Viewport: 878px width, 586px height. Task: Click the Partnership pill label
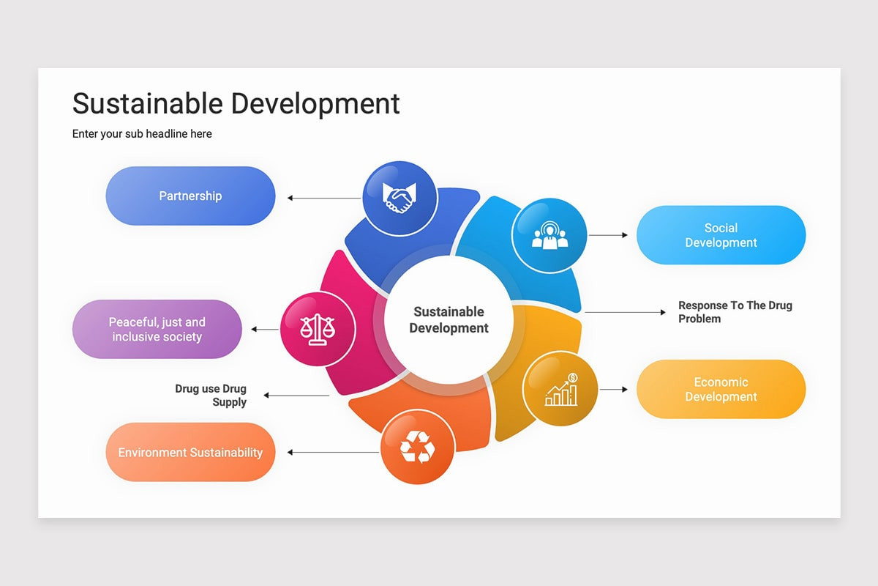coord(190,196)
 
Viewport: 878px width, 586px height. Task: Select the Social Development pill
coord(721,235)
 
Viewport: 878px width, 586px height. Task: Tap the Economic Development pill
coord(721,389)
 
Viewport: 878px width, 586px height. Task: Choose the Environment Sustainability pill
coord(190,452)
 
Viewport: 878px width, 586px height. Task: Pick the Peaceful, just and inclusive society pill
coord(157,329)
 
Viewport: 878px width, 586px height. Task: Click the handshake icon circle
coord(400,198)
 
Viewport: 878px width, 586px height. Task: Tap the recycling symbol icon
coord(417,447)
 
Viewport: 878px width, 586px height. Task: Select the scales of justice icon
coord(318,329)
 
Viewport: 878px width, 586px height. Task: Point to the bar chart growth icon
coord(561,389)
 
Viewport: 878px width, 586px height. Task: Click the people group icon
coord(549,235)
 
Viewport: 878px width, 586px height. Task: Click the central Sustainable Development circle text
coord(449,320)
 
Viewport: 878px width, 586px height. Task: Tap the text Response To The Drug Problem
coord(735,312)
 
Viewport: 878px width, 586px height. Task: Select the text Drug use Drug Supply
coord(211,396)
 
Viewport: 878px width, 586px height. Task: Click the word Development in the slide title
coord(322,103)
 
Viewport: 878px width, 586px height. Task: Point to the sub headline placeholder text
coord(142,134)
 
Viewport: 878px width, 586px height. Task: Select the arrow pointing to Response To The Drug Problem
coord(626,312)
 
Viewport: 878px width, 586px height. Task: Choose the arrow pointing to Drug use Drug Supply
coord(296,396)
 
